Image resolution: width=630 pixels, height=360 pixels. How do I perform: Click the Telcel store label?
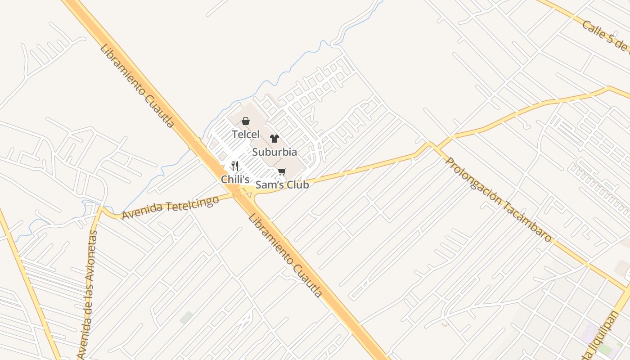click(246, 134)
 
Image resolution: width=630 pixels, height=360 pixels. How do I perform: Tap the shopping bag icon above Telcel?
click(246, 121)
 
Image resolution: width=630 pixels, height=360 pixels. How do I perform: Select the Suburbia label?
click(274, 152)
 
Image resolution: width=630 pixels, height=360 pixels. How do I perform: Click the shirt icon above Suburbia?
click(274, 139)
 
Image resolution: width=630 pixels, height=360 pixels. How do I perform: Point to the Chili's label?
click(235, 179)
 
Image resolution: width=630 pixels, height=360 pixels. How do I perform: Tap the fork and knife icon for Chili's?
click(235, 166)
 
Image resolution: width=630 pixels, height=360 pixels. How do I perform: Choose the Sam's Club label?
click(282, 184)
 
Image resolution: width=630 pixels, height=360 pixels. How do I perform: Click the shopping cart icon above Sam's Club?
click(282, 171)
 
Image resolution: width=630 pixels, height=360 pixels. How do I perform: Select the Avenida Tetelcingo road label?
click(171, 208)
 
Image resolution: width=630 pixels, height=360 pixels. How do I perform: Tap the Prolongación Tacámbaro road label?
click(499, 200)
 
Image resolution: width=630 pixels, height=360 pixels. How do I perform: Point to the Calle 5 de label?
click(605, 36)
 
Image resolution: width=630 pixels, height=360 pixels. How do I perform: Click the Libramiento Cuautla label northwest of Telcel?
click(137, 85)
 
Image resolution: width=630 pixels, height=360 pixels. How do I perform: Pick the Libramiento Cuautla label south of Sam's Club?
click(286, 255)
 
